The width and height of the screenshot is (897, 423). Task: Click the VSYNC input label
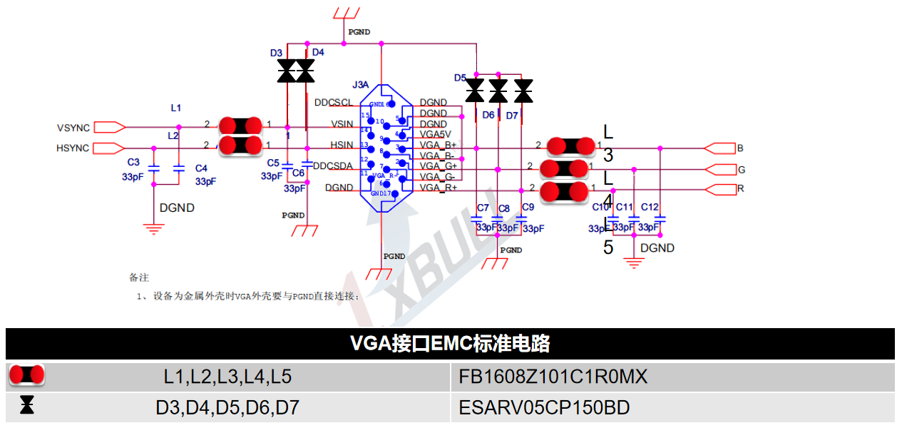pos(73,128)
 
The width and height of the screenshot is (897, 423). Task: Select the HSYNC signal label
pos(73,148)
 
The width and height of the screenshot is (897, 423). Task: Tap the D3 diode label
pos(276,53)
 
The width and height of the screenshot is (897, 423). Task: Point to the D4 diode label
pos(318,52)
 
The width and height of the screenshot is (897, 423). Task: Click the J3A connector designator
pos(361,85)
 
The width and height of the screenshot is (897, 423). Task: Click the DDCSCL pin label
pos(334,102)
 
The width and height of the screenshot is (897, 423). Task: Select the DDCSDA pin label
pos(333,166)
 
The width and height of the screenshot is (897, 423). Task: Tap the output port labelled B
pos(740,148)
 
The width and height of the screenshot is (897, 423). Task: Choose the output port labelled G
pos(741,170)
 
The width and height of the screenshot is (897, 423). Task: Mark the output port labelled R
pos(741,189)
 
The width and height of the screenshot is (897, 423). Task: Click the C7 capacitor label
pos(483,208)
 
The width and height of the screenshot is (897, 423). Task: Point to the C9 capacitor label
pos(528,208)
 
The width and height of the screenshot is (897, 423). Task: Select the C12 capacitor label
pos(650,208)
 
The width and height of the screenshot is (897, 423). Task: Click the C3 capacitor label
pos(133,163)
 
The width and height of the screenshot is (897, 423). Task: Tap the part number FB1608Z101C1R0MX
pos(553,376)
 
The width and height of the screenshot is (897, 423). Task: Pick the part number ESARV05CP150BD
pos(545,408)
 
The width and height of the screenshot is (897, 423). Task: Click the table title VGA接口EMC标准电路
pos(450,344)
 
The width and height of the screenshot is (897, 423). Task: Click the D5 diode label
pos(460,78)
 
